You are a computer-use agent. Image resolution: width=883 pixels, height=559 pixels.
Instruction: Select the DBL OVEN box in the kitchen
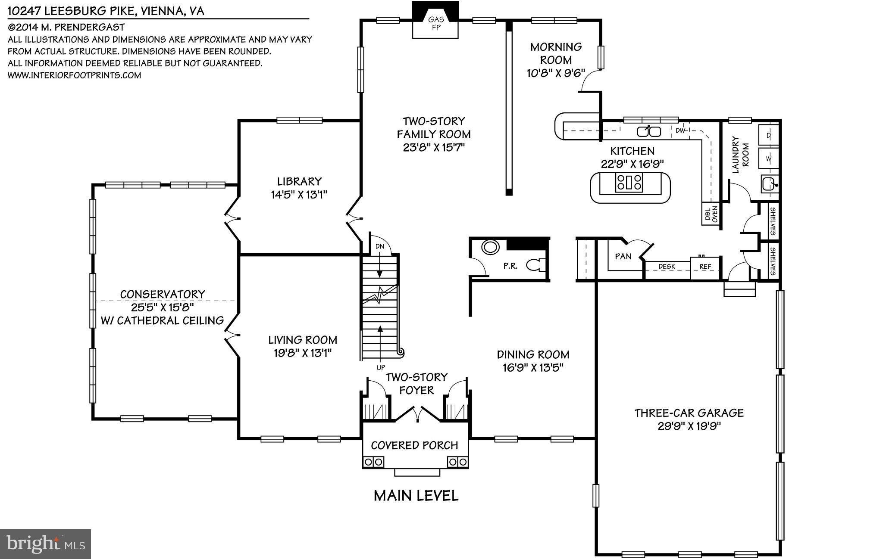(711, 214)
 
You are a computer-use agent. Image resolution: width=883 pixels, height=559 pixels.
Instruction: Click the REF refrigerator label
(705, 267)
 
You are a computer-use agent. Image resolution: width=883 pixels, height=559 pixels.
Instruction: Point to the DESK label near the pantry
(667, 267)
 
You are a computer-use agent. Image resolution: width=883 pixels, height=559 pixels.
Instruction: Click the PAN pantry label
(623, 257)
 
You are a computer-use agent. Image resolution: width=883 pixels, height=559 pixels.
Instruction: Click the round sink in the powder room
(490, 248)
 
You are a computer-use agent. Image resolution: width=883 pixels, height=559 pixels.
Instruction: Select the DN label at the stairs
(379, 247)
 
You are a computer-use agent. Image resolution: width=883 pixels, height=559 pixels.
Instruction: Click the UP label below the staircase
(381, 368)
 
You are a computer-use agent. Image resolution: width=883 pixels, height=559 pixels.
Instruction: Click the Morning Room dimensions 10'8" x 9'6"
(556, 73)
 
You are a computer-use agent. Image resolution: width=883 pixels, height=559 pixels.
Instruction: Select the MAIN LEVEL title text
(416, 496)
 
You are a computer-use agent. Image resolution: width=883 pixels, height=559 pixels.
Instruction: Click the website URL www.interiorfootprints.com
(74, 75)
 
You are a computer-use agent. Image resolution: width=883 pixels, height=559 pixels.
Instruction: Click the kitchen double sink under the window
(649, 131)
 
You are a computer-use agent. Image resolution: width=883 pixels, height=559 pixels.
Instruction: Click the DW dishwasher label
(680, 130)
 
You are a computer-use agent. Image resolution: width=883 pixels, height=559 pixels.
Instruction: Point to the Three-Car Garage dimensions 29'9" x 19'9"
(689, 426)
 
